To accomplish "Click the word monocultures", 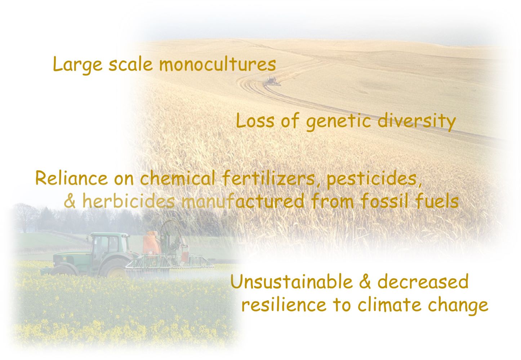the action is [x=218, y=64].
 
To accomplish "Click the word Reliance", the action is [x=72, y=179].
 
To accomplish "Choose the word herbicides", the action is [x=128, y=201].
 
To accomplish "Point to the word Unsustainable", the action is [x=292, y=281].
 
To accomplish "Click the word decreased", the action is [x=423, y=281].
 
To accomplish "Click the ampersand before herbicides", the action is [x=70, y=201].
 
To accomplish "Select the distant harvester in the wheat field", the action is [x=272, y=81].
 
